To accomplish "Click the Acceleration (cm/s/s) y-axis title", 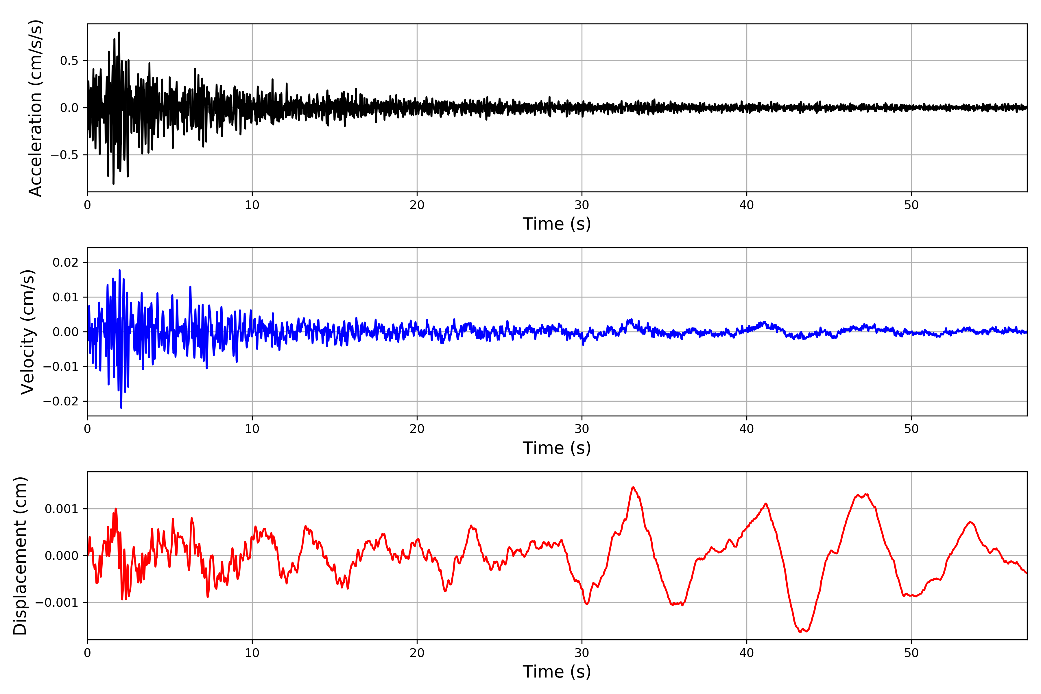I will (35, 108).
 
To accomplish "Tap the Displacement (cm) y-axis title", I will (20, 555).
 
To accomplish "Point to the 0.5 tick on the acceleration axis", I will (69, 61).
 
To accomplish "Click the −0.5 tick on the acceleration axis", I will (64, 155).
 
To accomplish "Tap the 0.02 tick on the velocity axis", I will (66, 263).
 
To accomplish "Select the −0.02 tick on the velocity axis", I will (61, 401).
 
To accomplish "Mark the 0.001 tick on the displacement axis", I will (61, 509).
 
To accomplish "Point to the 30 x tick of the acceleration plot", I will (582, 205).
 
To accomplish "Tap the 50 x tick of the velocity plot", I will (911, 429).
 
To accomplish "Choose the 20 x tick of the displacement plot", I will (417, 653).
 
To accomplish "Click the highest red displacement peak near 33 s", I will (633, 487).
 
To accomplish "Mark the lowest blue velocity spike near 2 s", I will (121, 408).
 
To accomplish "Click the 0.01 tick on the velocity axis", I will (66, 297).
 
